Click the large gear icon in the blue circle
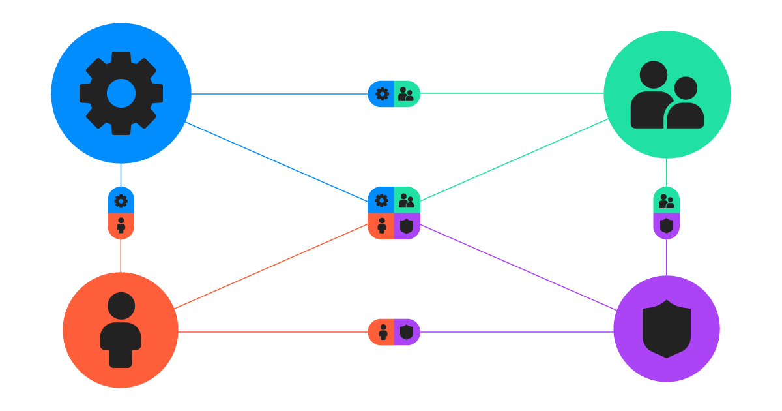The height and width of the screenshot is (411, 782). (121, 93)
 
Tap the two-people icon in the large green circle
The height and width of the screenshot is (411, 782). (667, 95)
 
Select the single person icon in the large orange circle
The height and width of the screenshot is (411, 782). (121, 330)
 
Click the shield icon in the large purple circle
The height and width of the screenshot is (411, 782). (667, 329)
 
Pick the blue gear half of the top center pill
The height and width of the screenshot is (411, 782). (382, 94)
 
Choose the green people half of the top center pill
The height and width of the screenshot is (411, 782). (406, 94)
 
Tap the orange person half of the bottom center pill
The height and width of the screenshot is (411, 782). (383, 332)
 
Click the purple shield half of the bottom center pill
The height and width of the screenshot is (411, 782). (407, 332)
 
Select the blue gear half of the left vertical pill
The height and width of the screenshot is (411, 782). (121, 200)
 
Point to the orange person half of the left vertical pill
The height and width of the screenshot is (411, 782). (121, 226)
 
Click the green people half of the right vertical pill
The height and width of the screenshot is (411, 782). (666, 200)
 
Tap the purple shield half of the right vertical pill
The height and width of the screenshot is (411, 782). (666, 226)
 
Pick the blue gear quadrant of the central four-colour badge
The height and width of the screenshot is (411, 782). (382, 200)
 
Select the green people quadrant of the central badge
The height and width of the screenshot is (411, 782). (407, 200)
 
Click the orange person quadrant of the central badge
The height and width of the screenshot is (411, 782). (382, 226)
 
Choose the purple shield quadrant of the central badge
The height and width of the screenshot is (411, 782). (407, 226)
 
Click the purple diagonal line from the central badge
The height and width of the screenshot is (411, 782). (518, 267)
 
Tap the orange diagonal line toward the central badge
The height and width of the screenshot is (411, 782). (270, 267)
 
